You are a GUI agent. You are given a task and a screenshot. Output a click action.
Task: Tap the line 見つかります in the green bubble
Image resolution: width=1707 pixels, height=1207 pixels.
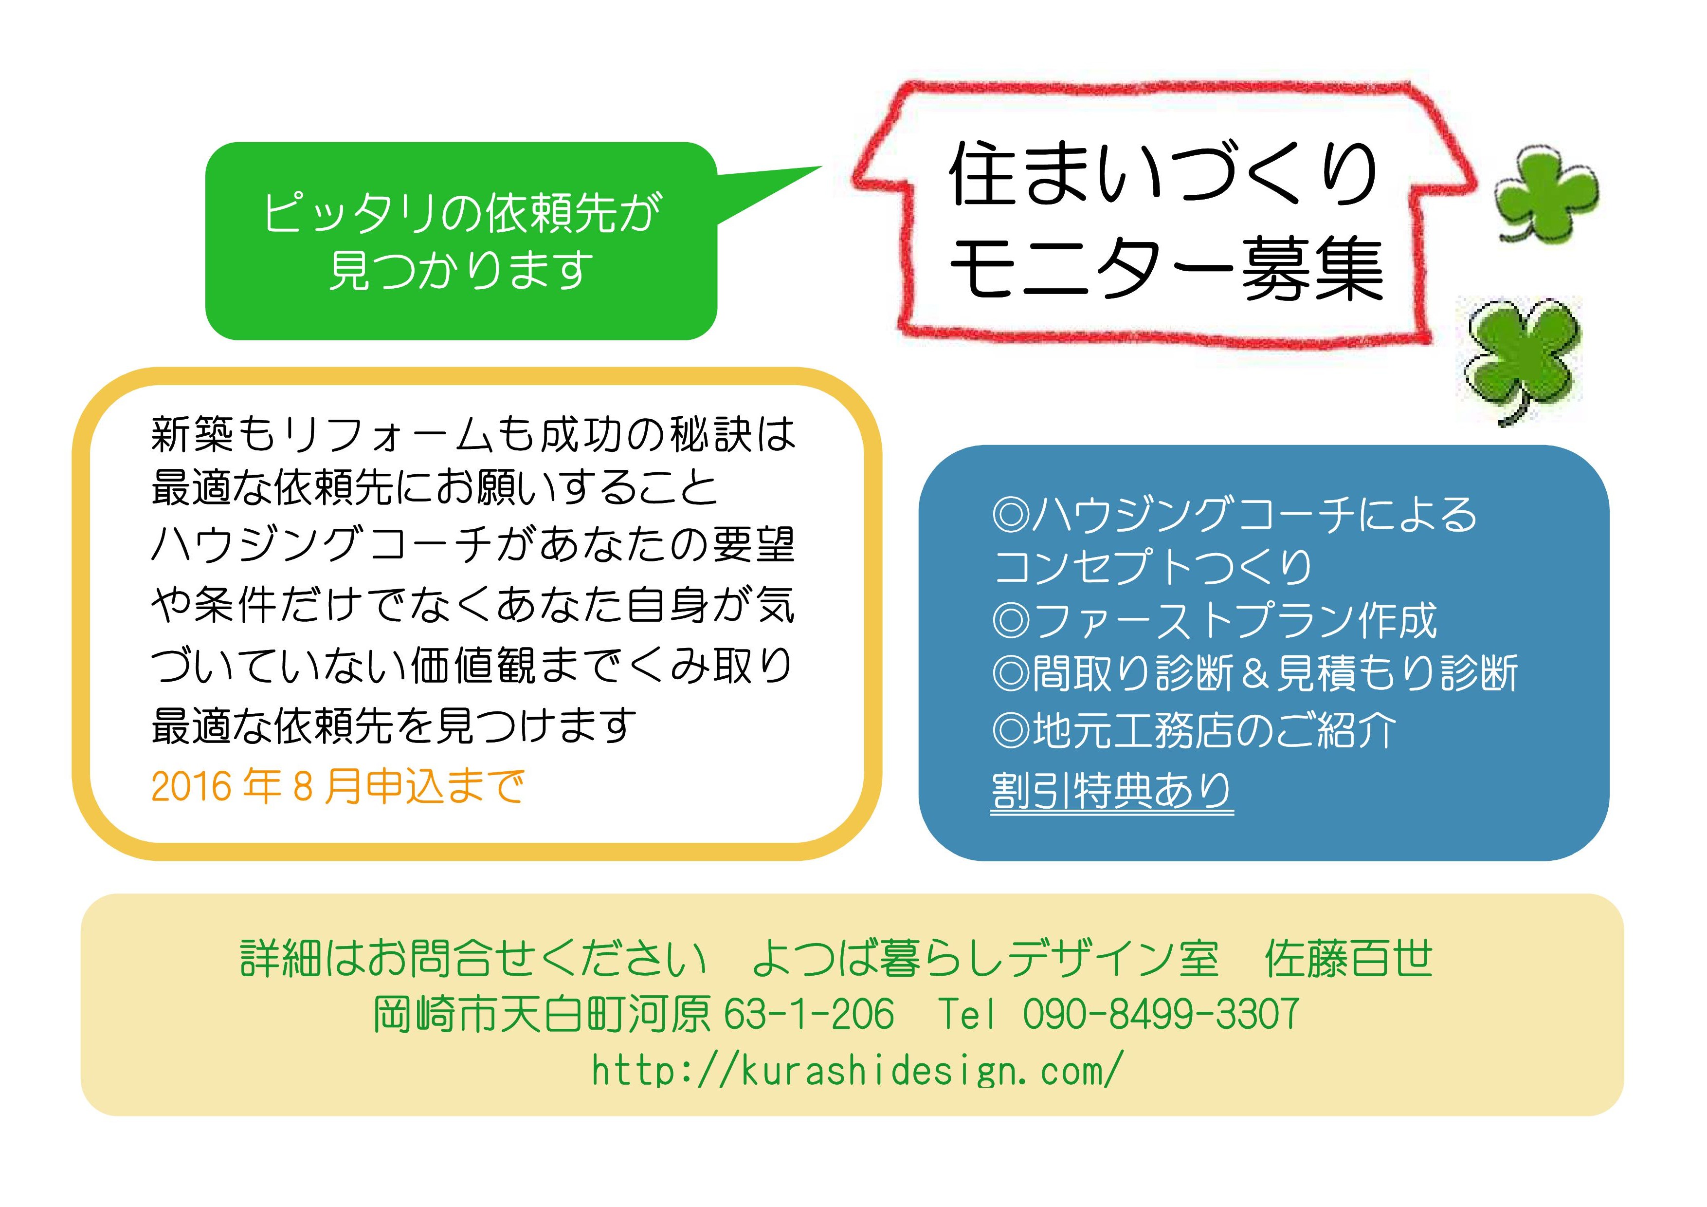(x=461, y=269)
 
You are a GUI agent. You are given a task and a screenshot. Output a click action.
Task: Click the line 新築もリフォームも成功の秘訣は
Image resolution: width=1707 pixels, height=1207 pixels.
(x=473, y=433)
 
